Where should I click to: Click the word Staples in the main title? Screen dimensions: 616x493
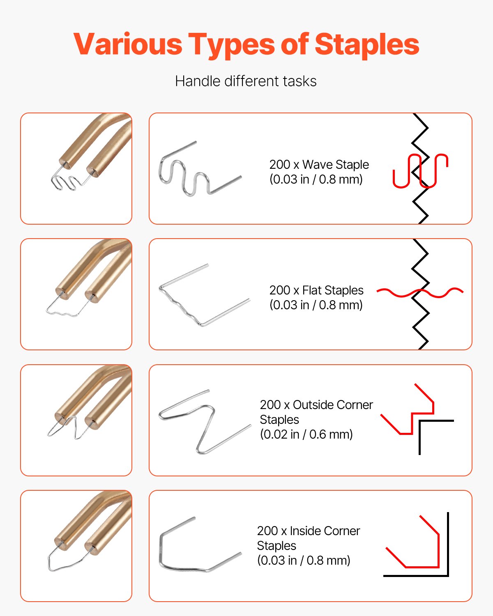pyautogui.click(x=366, y=44)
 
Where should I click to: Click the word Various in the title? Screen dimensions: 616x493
pyautogui.click(x=128, y=44)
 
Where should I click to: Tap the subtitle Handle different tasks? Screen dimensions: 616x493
pyautogui.click(x=246, y=81)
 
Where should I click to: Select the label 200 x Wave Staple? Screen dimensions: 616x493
pyautogui.click(x=319, y=165)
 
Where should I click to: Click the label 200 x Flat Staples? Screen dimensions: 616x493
pyautogui.click(x=316, y=290)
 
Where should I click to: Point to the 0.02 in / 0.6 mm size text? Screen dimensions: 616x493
pyautogui.click(x=306, y=434)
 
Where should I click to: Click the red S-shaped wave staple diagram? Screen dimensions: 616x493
pyautogui.click(x=420, y=171)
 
